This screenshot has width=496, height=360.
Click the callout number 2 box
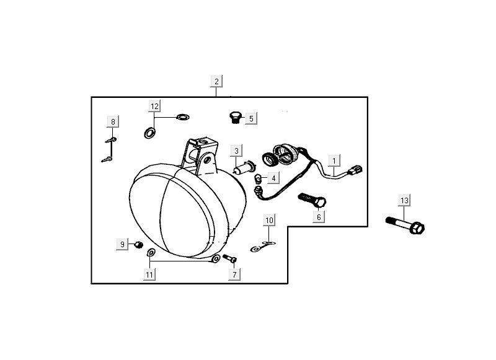click(x=216, y=82)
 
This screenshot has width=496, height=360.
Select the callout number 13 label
click(x=404, y=201)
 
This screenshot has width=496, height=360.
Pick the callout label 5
click(x=251, y=118)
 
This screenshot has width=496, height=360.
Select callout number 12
click(x=154, y=106)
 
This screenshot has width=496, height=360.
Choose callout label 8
click(x=113, y=122)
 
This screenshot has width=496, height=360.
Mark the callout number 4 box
click(x=273, y=178)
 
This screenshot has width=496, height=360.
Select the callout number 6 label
click(x=319, y=217)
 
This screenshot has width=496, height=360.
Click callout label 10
click(x=269, y=220)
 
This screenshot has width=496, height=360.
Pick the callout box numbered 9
click(x=122, y=245)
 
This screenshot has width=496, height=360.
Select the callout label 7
click(x=234, y=273)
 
